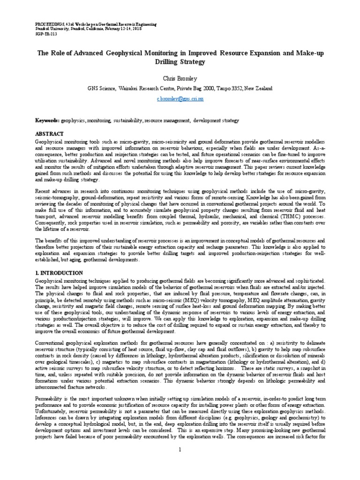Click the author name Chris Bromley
click(x=180, y=76)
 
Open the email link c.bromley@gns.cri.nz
click(x=180, y=100)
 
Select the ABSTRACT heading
click(x=49, y=134)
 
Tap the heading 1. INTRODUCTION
click(x=59, y=272)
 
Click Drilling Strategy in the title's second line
click(x=180, y=61)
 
